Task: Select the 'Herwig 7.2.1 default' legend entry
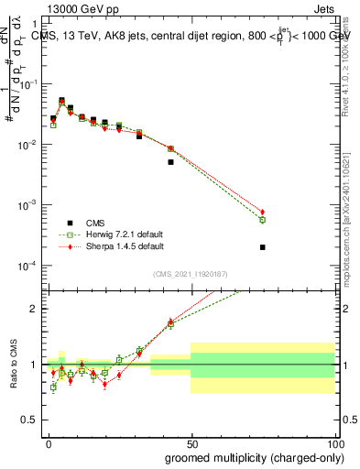[119, 234]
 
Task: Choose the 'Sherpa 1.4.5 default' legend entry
[119, 246]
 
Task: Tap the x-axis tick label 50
[191, 443]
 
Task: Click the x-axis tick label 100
[333, 443]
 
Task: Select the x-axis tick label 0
[49, 443]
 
